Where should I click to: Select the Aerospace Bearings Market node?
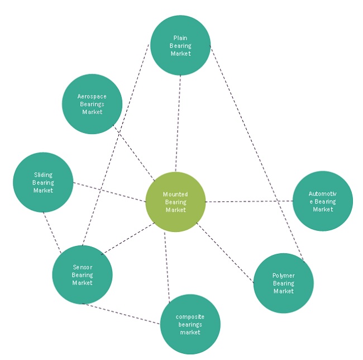92,104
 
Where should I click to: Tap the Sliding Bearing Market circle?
43,182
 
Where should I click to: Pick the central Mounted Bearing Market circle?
175,202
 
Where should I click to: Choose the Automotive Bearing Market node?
322,201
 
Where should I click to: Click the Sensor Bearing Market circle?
82,274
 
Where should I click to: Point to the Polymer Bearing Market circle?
283,283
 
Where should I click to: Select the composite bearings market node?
190,325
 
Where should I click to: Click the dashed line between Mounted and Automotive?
249,201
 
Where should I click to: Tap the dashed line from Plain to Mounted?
178,123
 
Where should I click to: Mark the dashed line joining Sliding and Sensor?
51,229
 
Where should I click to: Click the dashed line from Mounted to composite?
166,263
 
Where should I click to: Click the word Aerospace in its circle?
92,96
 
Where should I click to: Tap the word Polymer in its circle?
283,276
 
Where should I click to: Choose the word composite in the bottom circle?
190,317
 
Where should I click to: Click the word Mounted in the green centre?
175,194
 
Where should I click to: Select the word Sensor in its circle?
82,267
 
